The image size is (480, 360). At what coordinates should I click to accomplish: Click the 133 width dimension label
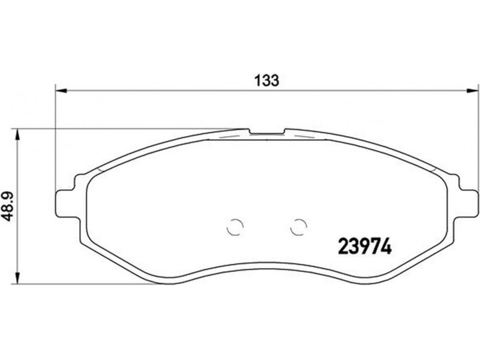click(267, 80)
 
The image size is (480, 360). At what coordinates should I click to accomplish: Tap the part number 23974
click(365, 247)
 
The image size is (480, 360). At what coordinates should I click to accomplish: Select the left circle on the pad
click(235, 227)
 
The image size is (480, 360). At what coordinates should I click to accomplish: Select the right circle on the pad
click(298, 227)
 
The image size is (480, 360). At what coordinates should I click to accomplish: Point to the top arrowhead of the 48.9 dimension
click(17, 134)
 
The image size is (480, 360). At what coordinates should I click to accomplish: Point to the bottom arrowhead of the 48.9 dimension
click(17, 278)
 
